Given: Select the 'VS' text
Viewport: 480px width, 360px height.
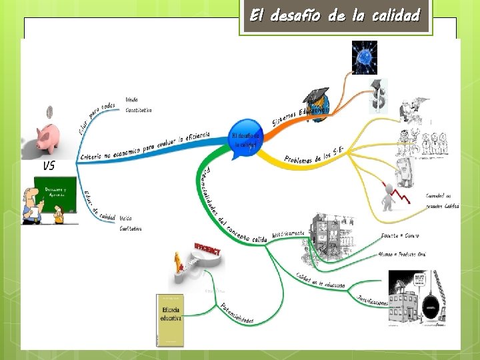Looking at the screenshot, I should (49, 166).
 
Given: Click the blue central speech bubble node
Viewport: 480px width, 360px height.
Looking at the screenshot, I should (245, 139).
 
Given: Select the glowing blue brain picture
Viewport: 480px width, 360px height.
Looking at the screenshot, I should (365, 57).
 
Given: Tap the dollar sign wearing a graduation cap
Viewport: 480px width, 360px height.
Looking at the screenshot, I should (379, 95).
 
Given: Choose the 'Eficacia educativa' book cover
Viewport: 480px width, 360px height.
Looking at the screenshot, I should (169, 319).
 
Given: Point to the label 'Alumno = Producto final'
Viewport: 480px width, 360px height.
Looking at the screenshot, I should (401, 254).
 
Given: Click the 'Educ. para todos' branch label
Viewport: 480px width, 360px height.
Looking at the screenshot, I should (96, 119).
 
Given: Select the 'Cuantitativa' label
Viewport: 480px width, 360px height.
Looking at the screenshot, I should (139, 110).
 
